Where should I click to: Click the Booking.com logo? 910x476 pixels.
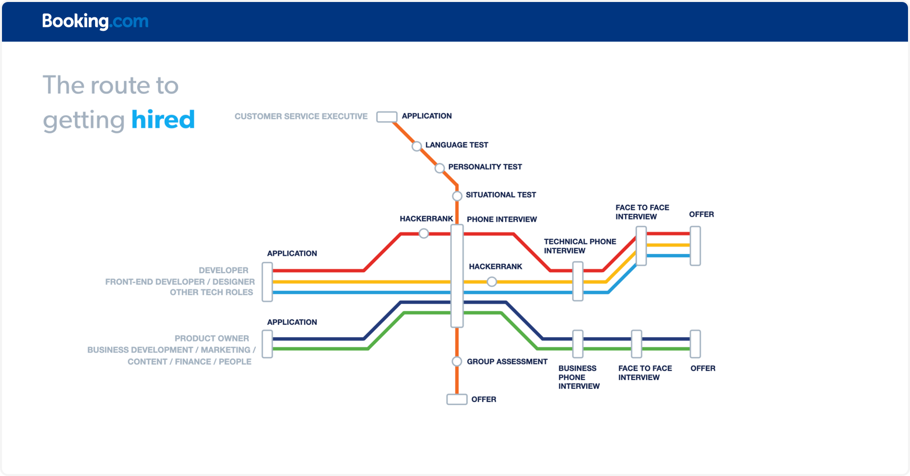pos(95,21)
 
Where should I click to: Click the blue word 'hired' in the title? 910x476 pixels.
pos(163,120)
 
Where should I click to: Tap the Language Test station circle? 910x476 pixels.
pos(417,146)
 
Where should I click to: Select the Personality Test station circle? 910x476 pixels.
pos(440,169)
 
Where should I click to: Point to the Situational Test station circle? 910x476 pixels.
pos(457,196)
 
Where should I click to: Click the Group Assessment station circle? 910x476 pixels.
pos(457,361)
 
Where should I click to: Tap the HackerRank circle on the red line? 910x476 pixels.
pos(424,234)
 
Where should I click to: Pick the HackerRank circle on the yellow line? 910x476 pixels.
pos(492,282)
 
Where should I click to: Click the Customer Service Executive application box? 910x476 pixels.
pos(387,117)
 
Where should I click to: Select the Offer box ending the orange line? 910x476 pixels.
pos(457,399)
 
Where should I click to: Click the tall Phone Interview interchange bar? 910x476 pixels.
pos(457,276)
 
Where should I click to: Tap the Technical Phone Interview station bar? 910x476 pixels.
pos(577,281)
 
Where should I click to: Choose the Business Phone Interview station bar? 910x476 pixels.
pos(577,344)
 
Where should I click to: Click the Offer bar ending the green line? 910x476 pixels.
pos(695,344)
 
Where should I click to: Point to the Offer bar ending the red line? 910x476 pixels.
pos(695,246)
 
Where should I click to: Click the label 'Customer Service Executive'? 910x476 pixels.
pos(301,117)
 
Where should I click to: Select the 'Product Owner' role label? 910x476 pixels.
pos(212,339)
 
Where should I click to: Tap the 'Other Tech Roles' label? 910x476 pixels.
pos(211,293)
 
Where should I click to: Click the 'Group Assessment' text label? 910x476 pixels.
pos(507,362)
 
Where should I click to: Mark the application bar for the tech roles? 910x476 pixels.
pos(267,282)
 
